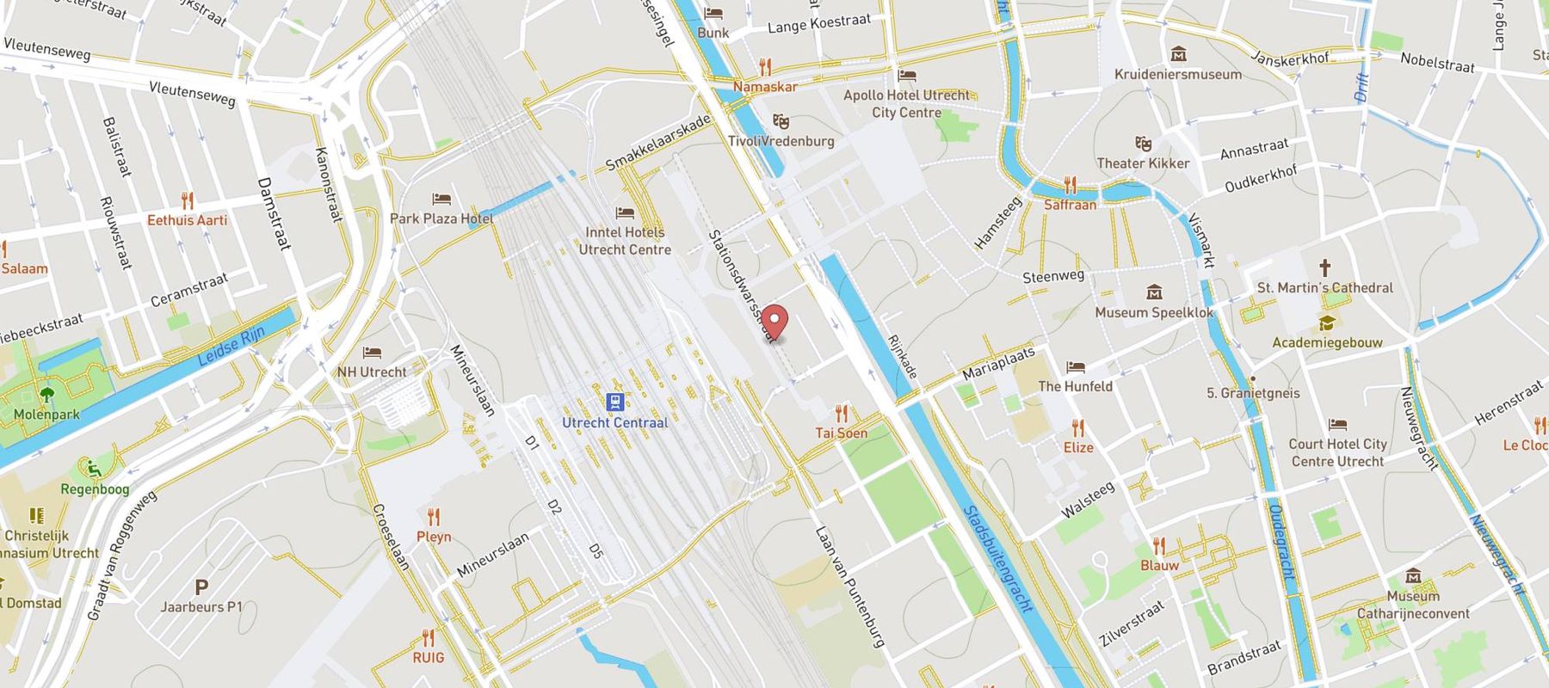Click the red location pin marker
775,322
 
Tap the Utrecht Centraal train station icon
614,402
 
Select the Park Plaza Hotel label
441,218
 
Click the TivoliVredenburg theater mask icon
781,121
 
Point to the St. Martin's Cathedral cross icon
1325,267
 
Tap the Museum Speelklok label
1153,313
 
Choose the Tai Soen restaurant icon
842,413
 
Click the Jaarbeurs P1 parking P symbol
201,587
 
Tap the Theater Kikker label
1142,163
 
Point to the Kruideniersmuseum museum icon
1178,55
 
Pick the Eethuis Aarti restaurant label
187,220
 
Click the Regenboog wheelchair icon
94,469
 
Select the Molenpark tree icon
46,395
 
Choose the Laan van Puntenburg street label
849,587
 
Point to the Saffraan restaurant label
1070,205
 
